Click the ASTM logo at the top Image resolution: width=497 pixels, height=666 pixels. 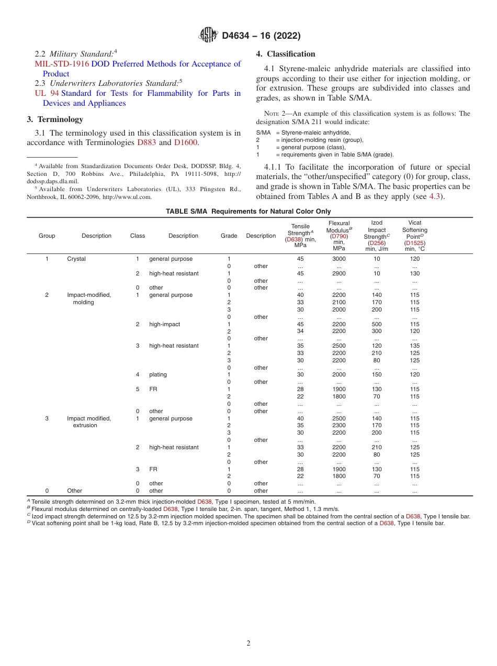[x=209, y=35]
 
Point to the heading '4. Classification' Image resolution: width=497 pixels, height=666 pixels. [x=286, y=54]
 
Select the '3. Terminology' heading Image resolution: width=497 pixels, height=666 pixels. [x=55, y=119]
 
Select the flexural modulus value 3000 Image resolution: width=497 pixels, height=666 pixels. [x=339, y=259]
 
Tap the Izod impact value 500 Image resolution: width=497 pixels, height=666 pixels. [x=377, y=324]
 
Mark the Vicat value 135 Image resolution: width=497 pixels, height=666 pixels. [x=414, y=346]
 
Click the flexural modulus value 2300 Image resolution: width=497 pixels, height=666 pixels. [x=339, y=426]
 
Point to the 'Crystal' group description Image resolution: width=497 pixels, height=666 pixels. [x=76, y=259]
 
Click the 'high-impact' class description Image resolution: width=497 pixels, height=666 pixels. [x=164, y=324]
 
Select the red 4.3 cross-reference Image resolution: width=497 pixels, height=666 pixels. [x=435, y=196]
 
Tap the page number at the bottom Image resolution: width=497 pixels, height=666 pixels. [x=249, y=643]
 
